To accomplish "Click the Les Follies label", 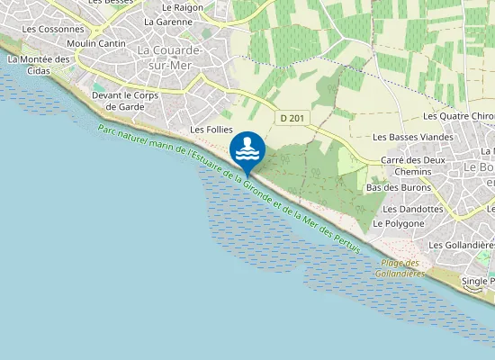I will (x=211, y=130).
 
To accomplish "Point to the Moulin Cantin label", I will (x=96, y=43).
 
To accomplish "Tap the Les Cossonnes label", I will (x=53, y=29).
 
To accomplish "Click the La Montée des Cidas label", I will (x=38, y=65).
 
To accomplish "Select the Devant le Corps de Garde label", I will (x=125, y=100).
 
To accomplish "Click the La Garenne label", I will (x=168, y=22).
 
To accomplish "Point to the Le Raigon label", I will (x=181, y=6).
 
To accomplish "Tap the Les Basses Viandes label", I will (x=413, y=137).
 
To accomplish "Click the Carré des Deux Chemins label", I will (x=413, y=165).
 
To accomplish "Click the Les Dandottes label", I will (x=414, y=209).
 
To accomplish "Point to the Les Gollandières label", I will (x=462, y=245).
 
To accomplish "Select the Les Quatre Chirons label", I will (x=458, y=116).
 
